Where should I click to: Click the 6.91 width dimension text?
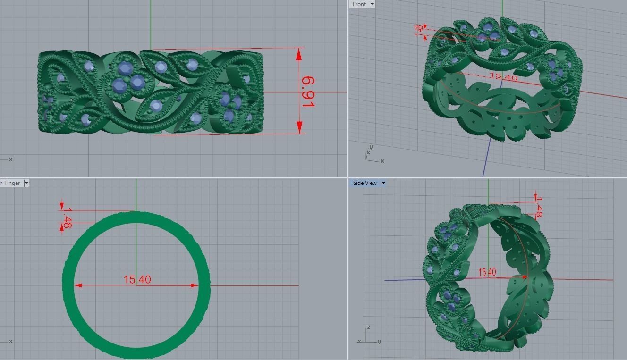pos(307,92)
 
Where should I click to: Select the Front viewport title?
pos(359,4)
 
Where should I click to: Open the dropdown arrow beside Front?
pos(372,4)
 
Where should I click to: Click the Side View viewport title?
pos(364,183)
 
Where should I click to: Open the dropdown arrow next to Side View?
pos(383,183)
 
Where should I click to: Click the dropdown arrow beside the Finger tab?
pos(26,183)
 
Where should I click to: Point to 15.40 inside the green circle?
pos(137,280)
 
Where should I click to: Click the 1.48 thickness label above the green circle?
pos(67,218)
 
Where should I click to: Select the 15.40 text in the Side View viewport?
pos(487,272)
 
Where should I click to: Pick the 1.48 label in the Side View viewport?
pos(539,207)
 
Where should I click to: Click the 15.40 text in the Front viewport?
pos(503,76)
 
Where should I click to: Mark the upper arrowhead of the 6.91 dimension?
pos(299,54)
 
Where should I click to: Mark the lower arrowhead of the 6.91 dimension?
pos(299,127)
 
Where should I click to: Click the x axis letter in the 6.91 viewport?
pos(10,159)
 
